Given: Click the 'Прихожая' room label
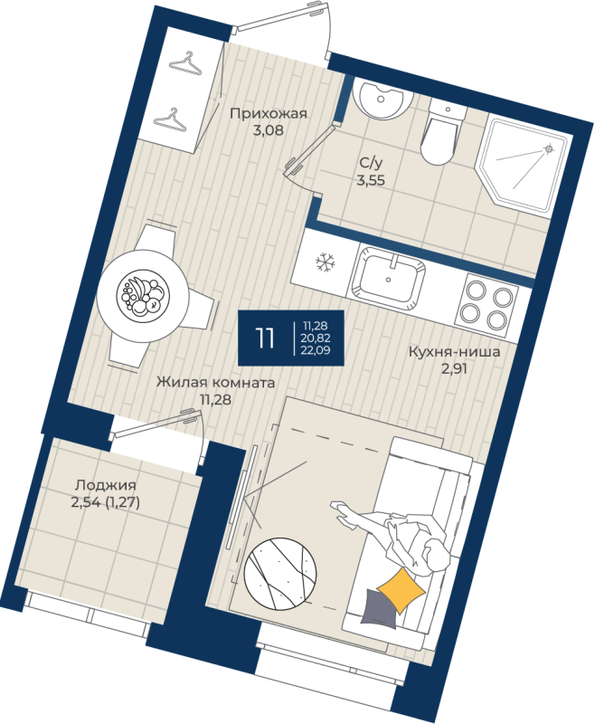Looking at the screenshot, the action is (x=268, y=113).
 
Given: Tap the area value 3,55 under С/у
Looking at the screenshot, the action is (x=371, y=180).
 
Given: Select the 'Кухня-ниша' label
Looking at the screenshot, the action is (x=454, y=352).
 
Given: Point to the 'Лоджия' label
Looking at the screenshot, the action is (x=106, y=485).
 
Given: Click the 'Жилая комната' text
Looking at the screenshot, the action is (x=215, y=382).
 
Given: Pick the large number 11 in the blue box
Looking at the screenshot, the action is (x=265, y=338).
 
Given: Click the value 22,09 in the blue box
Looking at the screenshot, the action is (x=316, y=350).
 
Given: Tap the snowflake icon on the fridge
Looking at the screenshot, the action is (x=326, y=262).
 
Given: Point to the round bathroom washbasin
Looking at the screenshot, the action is (x=381, y=100).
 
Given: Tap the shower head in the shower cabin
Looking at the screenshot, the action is (x=549, y=148).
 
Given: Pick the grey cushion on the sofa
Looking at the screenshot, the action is (x=379, y=609).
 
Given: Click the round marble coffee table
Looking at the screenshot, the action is (x=280, y=573).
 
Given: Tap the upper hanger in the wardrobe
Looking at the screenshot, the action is (x=185, y=63).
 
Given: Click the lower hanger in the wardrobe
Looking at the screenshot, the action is (x=172, y=119).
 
